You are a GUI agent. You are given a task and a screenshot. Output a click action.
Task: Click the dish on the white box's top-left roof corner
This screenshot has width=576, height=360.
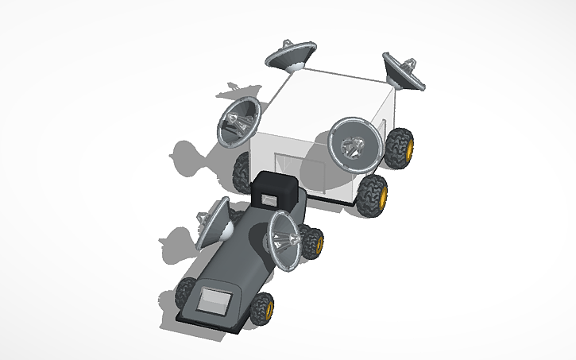289,55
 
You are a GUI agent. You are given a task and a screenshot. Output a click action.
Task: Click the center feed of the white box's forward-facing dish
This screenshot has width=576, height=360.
353,146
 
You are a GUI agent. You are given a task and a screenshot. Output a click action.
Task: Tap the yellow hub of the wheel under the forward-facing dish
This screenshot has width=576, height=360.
383,195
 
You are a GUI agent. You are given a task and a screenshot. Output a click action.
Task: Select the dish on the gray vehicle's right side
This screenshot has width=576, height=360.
284,239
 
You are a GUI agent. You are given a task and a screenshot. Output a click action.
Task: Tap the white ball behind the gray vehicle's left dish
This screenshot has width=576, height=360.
226,232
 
